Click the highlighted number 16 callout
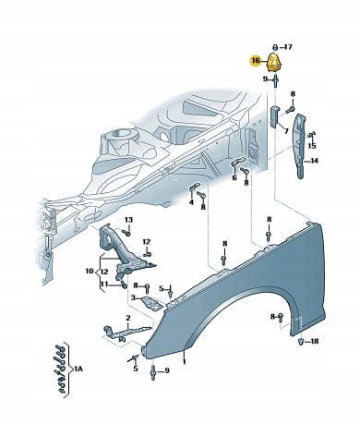(256, 61)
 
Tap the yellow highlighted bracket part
(275, 63)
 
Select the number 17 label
(288, 47)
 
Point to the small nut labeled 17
(275, 47)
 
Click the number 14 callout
(314, 161)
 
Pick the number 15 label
(312, 145)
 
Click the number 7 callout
(286, 131)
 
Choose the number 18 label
(315, 341)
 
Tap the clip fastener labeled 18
(301, 341)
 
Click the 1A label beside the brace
(78, 368)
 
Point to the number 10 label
(90, 272)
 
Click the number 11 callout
(104, 284)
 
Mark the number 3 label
(133, 297)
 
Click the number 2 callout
(128, 318)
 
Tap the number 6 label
(234, 177)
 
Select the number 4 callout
(191, 202)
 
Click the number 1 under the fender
(185, 361)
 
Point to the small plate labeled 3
(151, 303)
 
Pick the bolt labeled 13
(126, 233)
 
